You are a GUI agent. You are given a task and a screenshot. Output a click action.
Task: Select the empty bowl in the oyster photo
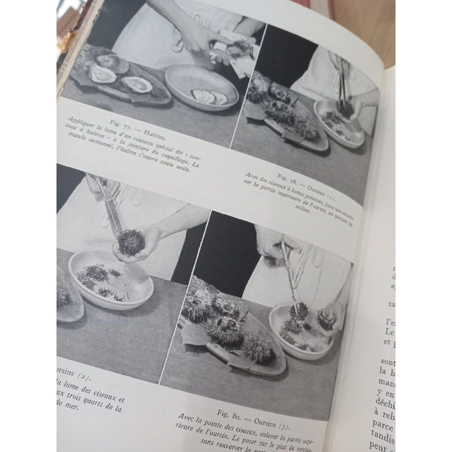pyautogui.click(x=201, y=87)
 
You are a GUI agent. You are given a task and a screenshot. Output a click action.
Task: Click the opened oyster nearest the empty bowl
pyautogui.click(x=137, y=84)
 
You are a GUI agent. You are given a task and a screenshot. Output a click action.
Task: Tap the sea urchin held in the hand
pyautogui.click(x=131, y=242)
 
